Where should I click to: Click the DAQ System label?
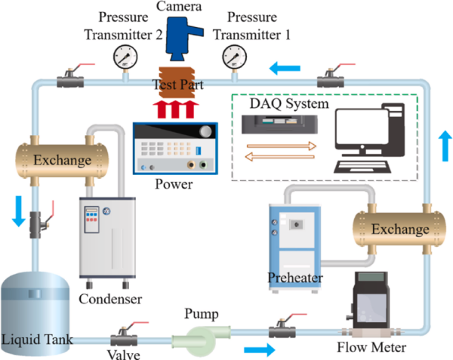[291, 103]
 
